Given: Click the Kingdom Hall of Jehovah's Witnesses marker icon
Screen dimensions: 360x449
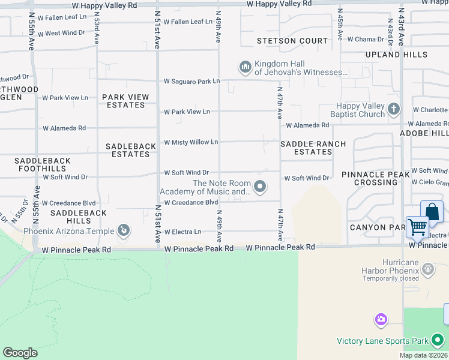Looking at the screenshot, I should coord(245,67).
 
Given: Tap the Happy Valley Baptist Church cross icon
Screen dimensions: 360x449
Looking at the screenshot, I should coord(394,109).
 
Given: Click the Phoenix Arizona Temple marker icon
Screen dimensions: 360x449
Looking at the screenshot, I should coord(124,230).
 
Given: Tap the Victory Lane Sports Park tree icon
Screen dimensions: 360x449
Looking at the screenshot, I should coord(438,341).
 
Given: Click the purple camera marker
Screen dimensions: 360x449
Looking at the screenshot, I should coord(381,319).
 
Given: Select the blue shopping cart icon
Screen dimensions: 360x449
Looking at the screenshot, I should coord(417,227).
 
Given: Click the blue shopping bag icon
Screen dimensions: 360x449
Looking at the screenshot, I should coord(432,212).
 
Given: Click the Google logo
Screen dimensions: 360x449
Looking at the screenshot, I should coord(20,353).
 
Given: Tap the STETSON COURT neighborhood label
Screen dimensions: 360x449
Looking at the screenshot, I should coord(292,41).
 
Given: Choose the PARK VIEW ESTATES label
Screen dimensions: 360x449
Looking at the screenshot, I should coord(124,101).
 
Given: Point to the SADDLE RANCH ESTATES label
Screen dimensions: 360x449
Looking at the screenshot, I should coord(313,148).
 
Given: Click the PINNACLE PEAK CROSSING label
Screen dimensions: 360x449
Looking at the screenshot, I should coord(376,178).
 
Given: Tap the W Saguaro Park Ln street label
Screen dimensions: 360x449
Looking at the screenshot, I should coord(192,81).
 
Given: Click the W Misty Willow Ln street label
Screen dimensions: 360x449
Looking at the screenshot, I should coord(191,142).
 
